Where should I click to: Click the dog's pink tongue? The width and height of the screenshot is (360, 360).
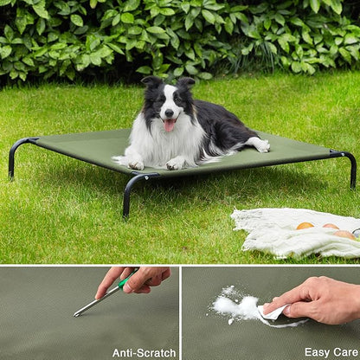pos(170,125)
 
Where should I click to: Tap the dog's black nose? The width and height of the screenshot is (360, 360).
pos(170,113)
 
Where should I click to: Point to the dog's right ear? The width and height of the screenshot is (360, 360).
pos(186,84)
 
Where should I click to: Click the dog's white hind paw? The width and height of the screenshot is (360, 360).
pos(259,145)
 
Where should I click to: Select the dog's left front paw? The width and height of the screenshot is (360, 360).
pos(135,163)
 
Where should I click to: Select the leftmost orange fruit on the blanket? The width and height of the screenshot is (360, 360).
pos(305,226)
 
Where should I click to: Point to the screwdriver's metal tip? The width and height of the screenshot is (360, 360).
pos(77,313)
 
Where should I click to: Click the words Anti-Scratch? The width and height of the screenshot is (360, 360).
pos(144,352)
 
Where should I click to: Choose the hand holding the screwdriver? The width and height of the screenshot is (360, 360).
pos(138,277)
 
